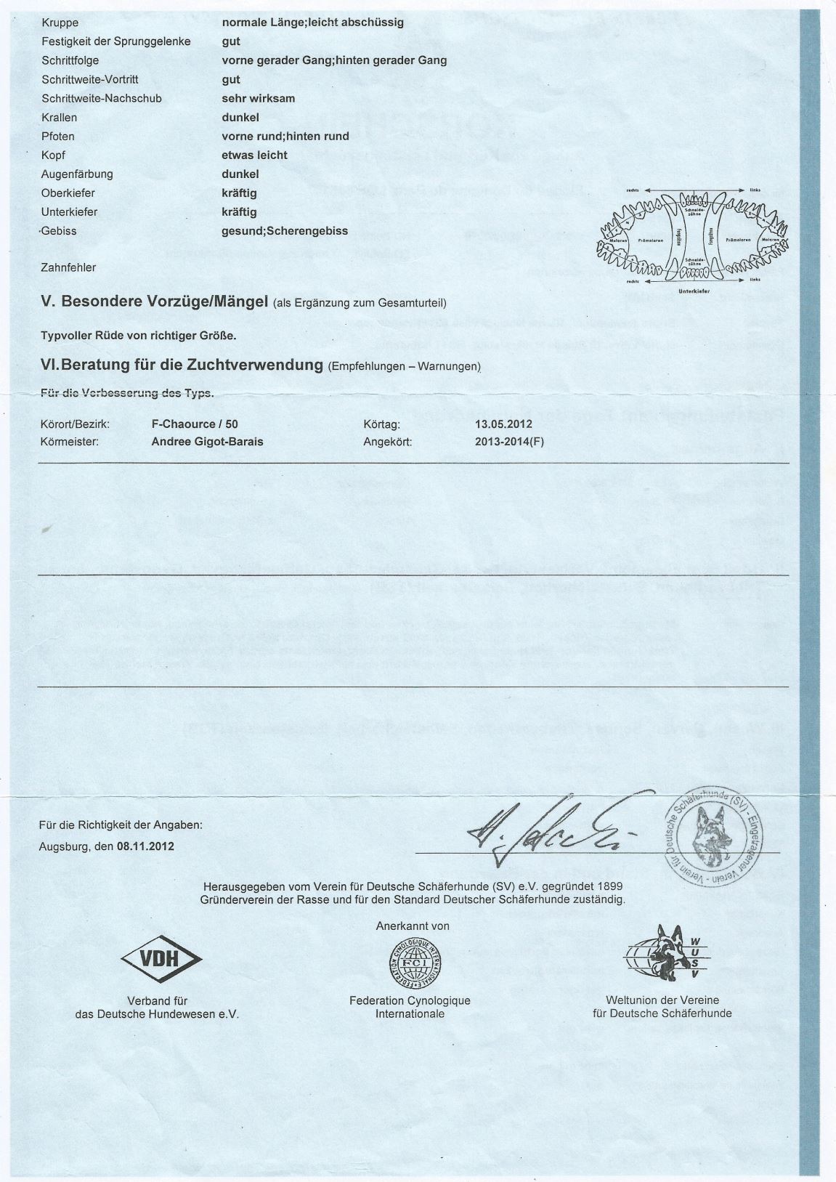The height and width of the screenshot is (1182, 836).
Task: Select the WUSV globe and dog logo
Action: pyautogui.click(x=662, y=955)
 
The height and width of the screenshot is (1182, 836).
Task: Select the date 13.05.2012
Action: pyautogui.click(x=503, y=424)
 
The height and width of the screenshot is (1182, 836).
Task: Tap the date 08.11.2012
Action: pyautogui.click(x=140, y=846)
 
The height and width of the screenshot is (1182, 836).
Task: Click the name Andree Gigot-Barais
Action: pyautogui.click(x=207, y=441)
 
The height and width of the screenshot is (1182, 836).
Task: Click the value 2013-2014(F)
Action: pyautogui.click(x=508, y=441)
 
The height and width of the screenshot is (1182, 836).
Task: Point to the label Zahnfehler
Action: pyautogui.click(x=68, y=267)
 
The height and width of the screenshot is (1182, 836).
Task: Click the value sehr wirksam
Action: pyautogui.click(x=258, y=98)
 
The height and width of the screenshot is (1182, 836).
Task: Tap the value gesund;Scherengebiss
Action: pyautogui.click(x=284, y=231)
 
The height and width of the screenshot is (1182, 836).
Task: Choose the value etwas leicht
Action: pyautogui.click(x=254, y=155)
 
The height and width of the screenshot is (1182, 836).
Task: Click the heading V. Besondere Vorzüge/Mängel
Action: pyautogui.click(x=155, y=301)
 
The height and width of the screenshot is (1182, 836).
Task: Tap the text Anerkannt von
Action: pyautogui.click(x=413, y=926)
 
